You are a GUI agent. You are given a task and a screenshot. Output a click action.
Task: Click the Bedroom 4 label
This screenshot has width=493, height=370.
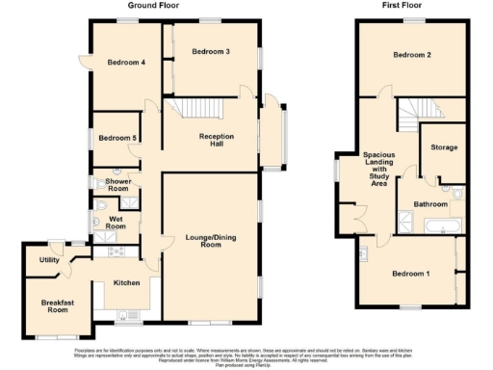coord(126,63)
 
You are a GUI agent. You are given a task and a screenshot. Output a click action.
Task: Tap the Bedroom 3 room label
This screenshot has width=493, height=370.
coord(210,51)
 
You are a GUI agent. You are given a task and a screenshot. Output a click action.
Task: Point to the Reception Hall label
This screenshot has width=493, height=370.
coord(218,141)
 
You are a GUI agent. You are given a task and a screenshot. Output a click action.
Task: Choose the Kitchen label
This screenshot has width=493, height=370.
coord(128,283)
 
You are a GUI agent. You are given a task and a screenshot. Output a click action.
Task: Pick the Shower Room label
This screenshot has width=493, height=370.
coord(117,185)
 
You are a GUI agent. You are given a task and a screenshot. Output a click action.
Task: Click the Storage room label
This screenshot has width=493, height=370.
coord(444,147)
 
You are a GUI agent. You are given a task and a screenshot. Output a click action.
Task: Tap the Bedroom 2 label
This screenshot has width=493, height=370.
coord(411,55)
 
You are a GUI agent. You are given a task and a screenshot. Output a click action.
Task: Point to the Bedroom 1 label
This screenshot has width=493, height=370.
coord(410,274)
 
